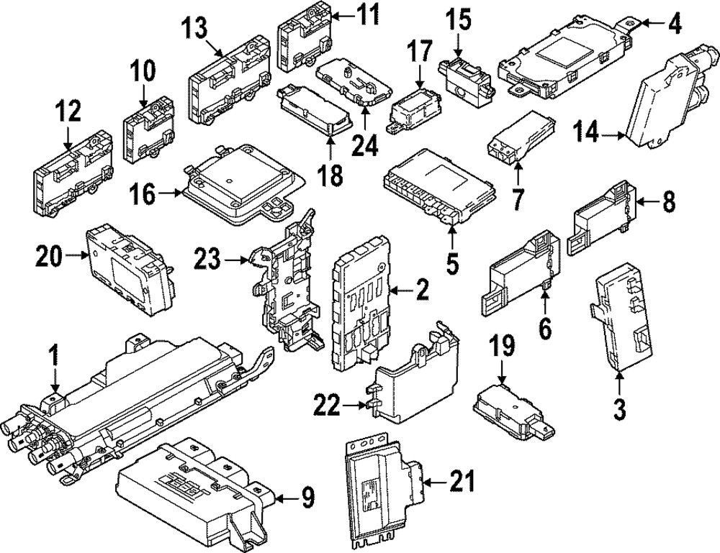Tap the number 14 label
tap(586, 132)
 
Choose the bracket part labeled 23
tap(288, 288)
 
